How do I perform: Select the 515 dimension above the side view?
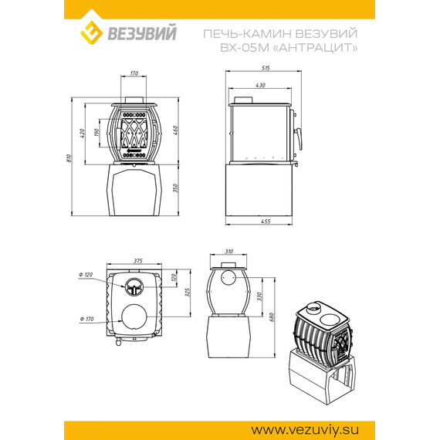click(x=266, y=68)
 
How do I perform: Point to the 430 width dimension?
click(x=260, y=85)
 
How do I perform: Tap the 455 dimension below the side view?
click(x=266, y=222)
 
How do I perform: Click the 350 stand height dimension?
click(x=175, y=188)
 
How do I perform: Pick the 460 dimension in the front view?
click(x=175, y=130)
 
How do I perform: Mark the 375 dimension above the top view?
click(x=137, y=261)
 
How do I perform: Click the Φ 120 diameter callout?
click(x=86, y=275)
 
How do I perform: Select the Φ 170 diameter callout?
click(x=86, y=319)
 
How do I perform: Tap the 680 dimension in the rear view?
click(x=272, y=317)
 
